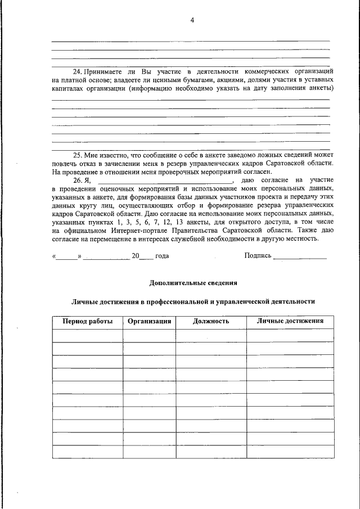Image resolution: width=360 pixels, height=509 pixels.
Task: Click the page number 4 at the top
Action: (x=192, y=20)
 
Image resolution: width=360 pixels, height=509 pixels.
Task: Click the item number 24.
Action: (x=79, y=72)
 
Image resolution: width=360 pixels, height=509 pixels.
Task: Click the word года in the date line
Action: (x=162, y=256)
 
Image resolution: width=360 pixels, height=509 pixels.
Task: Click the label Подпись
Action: (x=258, y=256)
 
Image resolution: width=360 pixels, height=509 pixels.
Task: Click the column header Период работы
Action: (x=87, y=322)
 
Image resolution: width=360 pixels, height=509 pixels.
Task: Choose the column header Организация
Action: (x=149, y=322)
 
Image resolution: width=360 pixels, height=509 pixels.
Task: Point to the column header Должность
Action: (x=211, y=322)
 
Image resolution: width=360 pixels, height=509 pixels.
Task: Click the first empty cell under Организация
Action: (x=149, y=336)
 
